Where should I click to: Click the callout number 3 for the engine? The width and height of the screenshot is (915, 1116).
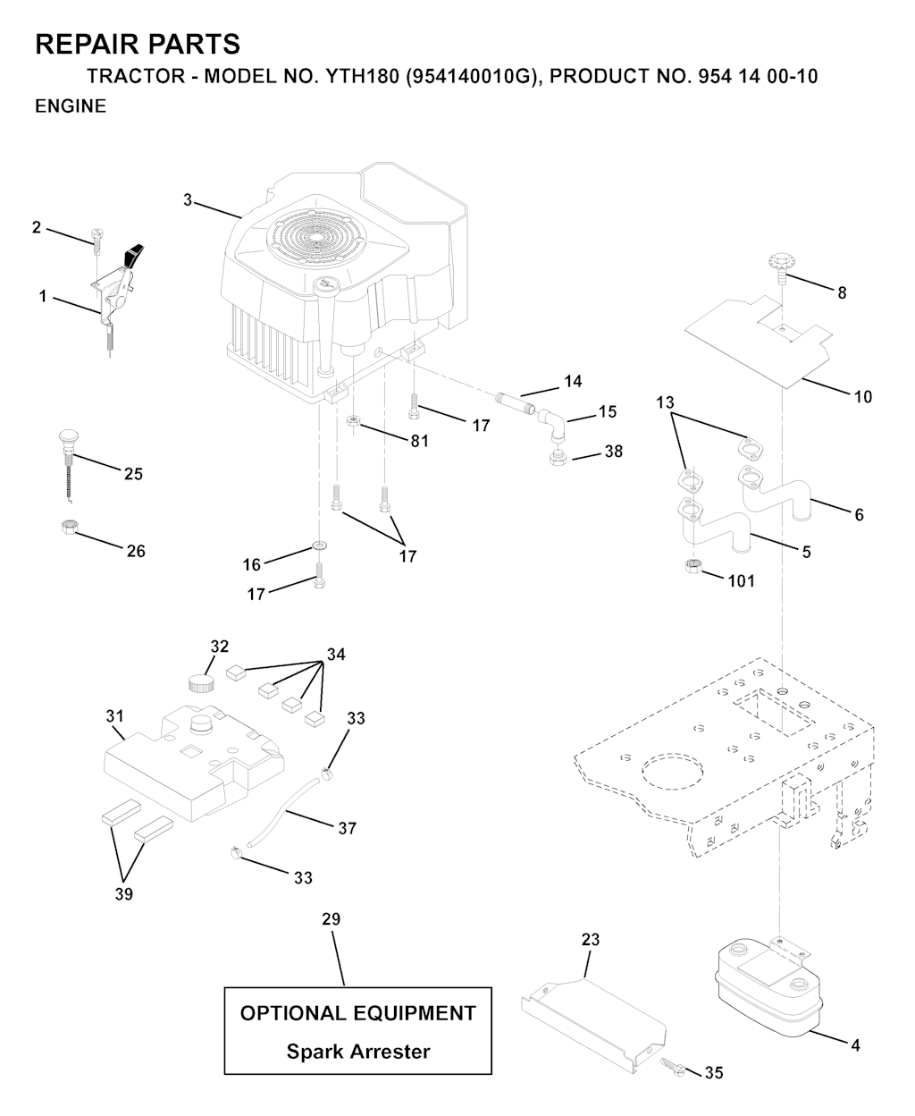pos(188,200)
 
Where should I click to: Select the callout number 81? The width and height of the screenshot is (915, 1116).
pos(419,441)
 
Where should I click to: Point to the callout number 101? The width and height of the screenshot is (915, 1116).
pos(741,581)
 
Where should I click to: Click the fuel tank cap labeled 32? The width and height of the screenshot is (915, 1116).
pos(203,683)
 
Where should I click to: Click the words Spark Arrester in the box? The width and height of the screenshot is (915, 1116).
pos(357,1052)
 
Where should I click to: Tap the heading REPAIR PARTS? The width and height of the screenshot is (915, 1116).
pos(137,44)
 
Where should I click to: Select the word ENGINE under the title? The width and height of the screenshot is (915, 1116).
pos(70,106)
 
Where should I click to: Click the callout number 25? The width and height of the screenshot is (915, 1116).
pos(133,474)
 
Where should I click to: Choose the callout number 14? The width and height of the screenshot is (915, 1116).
pos(573,382)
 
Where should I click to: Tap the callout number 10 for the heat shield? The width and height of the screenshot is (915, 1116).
pos(862,396)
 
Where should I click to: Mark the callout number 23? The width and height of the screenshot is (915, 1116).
pos(591,940)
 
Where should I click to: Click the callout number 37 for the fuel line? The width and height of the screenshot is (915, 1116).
pos(347,828)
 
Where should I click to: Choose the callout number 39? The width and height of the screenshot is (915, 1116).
pos(124,893)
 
